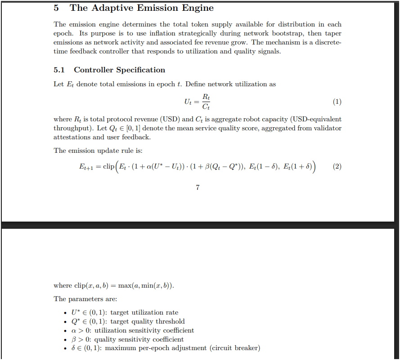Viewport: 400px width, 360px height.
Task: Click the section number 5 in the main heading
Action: [56, 8]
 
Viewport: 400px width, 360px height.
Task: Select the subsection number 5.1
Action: [59, 70]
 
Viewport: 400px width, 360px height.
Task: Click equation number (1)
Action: [337, 102]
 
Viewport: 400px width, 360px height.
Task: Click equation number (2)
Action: [337, 167]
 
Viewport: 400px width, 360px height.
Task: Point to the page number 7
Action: [198, 187]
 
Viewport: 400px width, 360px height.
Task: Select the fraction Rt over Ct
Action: [206, 102]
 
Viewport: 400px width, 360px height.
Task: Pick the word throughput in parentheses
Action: [71, 128]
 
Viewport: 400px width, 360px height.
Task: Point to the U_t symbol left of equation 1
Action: [189, 102]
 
